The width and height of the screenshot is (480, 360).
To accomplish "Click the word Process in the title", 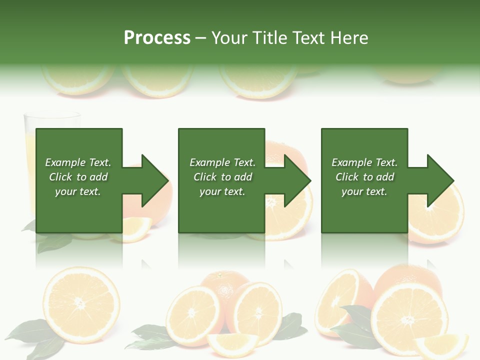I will (157, 38).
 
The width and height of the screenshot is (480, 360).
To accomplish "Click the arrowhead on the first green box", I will (152, 180).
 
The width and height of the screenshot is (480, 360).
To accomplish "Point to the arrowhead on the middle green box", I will (295, 180).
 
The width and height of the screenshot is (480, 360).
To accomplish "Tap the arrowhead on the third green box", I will (438, 180).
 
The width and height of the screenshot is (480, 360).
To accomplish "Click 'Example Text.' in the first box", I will (78, 162).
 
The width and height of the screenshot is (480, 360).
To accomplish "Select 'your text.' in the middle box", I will (222, 191).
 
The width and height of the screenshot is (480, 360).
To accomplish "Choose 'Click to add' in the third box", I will (364, 177).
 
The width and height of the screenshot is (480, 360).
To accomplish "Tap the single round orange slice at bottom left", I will (81, 303).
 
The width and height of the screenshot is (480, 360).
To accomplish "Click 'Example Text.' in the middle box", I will (222, 162).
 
